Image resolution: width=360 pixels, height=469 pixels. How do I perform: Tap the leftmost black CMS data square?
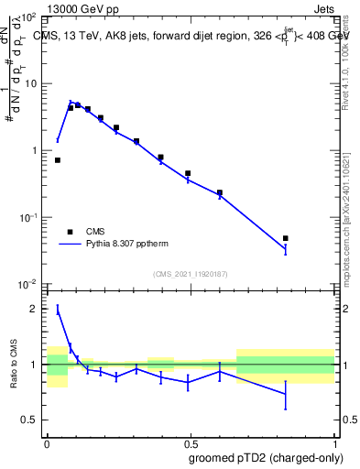58,160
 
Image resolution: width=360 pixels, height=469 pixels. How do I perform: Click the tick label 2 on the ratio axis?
34,309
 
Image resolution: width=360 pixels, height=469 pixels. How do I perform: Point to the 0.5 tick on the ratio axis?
30,420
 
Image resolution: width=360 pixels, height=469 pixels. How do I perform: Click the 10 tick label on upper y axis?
29,83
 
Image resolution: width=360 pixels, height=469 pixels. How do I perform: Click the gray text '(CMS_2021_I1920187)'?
190,274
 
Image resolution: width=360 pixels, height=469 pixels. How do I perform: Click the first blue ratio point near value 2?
58,311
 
